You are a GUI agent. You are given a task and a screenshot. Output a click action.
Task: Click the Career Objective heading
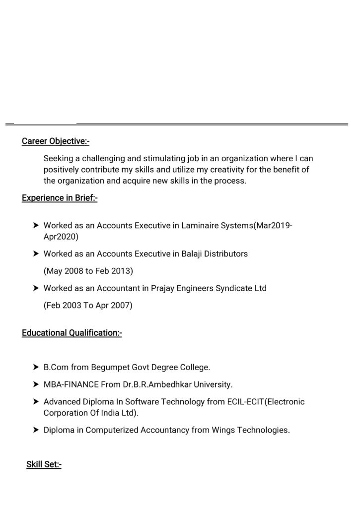tap(56, 141)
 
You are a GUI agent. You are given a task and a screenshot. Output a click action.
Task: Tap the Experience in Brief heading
tap(60, 198)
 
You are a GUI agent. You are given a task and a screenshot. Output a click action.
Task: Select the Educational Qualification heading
tap(72, 332)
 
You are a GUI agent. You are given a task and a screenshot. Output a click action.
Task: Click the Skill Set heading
tap(44, 465)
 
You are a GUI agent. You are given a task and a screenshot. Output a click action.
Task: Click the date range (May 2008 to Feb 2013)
tap(88, 271)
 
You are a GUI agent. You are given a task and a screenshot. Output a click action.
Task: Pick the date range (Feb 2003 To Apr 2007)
tap(88, 305)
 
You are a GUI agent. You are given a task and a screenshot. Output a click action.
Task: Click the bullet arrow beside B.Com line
tap(36, 368)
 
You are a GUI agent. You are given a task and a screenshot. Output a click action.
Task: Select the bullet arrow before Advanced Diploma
tap(36, 401)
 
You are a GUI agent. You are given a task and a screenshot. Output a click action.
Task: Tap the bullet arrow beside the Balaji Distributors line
tap(36, 254)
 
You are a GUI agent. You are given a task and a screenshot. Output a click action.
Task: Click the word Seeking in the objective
tap(58, 159)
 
